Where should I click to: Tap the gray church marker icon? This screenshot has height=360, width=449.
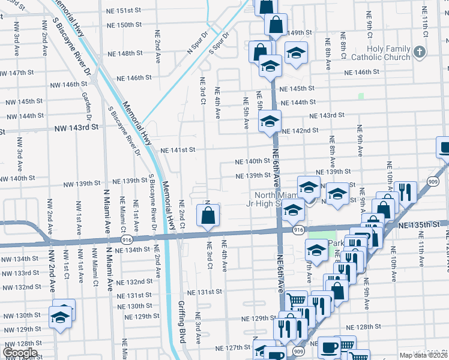coord(419,53)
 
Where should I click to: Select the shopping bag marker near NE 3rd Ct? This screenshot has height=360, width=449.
coord(208,215)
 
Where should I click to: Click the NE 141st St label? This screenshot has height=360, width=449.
coord(178,150)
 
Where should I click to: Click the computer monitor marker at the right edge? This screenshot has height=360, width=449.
coord(444,148)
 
